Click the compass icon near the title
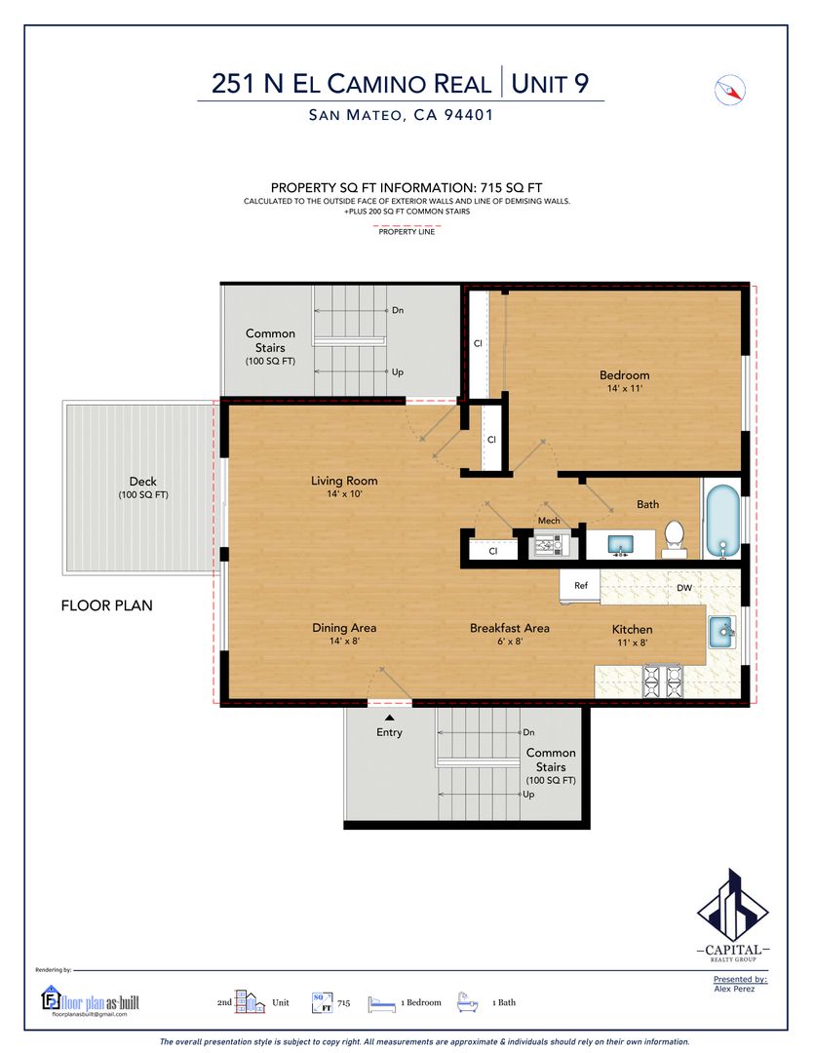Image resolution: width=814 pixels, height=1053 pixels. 729,90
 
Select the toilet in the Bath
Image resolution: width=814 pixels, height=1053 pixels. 674,539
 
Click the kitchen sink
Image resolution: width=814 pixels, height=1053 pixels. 722,631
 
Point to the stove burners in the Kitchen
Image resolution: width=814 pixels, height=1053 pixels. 663,681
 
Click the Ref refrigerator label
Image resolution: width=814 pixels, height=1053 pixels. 581,586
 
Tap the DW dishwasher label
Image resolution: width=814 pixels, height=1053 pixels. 684,588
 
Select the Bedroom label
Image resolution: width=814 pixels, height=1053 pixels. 625,374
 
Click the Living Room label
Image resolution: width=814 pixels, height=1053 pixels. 344,480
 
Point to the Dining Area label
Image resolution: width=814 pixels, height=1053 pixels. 344,627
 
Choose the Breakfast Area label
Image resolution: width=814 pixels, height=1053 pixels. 510,628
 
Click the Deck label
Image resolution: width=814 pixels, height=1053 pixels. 143,481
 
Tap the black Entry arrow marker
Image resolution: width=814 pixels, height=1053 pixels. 389,719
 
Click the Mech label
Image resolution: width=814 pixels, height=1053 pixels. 549,521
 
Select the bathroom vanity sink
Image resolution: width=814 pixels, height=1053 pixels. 621,545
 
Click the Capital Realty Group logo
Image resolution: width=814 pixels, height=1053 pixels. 733,915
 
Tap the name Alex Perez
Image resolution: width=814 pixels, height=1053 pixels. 734,989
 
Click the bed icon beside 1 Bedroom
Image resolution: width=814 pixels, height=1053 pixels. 381,1004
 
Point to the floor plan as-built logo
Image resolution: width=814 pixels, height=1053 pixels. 90,1000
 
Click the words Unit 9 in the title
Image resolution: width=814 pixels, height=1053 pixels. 550,84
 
